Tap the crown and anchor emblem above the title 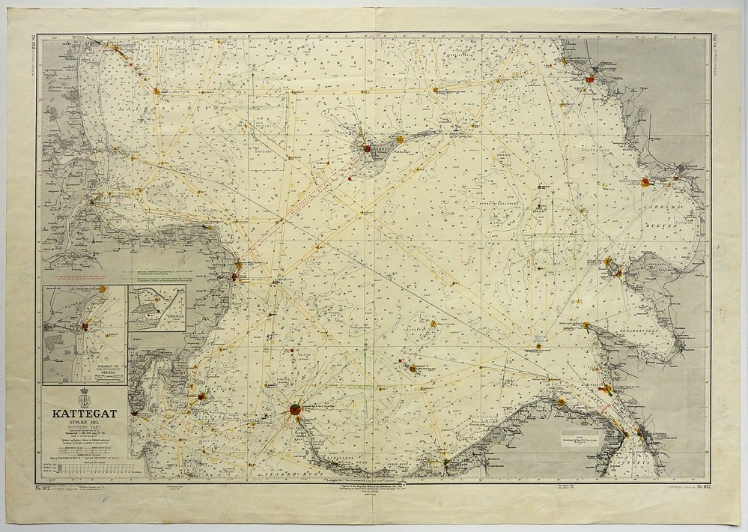coord(83,394)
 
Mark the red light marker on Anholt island coord(366,148)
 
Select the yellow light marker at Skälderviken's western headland coord(586,325)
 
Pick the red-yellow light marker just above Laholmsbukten coord(645,181)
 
